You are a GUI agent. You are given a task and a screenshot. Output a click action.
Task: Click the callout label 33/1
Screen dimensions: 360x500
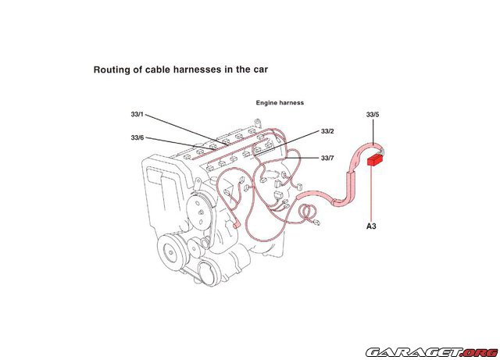137,115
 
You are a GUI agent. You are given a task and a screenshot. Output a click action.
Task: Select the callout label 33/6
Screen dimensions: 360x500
137,137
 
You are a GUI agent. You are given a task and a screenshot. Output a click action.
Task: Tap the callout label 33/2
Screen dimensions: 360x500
327,131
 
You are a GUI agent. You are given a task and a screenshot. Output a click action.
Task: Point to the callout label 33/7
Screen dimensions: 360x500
327,159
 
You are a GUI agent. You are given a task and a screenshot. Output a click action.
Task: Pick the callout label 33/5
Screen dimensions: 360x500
373,115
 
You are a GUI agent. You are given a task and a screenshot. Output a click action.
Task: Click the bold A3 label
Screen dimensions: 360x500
373,227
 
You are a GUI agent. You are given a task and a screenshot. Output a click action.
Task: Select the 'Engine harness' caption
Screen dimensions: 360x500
280,102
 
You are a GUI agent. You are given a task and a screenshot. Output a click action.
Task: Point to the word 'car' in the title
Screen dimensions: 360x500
259,70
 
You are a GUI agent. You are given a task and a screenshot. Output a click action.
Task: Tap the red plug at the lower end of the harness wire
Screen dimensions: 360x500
235,225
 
